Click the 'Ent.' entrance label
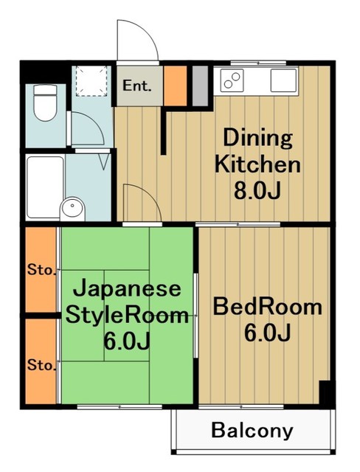(x=137, y=85)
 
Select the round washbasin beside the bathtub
(x=72, y=207)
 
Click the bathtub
(x=44, y=187)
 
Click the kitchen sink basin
(x=283, y=78)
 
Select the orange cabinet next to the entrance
(x=175, y=85)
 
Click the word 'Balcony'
(x=252, y=431)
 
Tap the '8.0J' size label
(x=257, y=191)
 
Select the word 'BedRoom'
(x=266, y=306)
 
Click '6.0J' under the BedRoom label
(x=266, y=333)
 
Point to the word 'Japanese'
(x=126, y=288)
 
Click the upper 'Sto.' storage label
(x=41, y=269)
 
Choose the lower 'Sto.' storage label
(x=41, y=364)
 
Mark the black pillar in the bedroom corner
(x=324, y=393)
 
